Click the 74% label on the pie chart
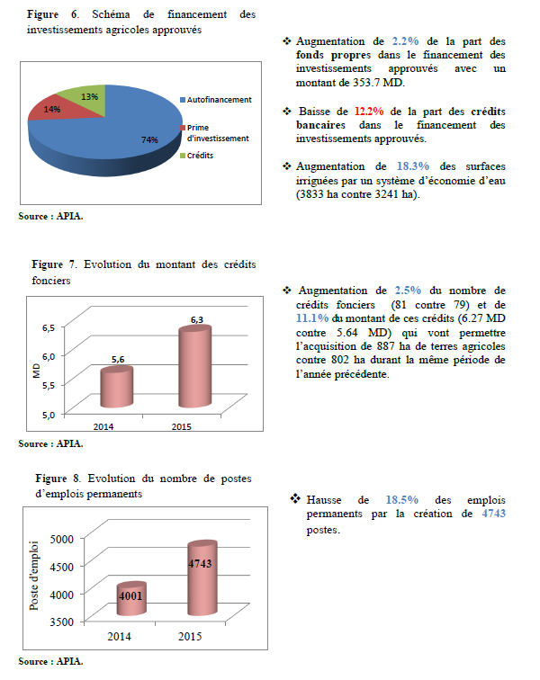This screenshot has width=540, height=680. click(150, 139)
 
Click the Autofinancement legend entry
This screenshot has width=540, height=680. click(220, 99)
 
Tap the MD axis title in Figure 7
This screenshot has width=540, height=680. click(38, 370)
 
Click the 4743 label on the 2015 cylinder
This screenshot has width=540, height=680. click(200, 563)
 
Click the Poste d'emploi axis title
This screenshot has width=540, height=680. click(35, 576)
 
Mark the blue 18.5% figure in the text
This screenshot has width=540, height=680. click(402, 499)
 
